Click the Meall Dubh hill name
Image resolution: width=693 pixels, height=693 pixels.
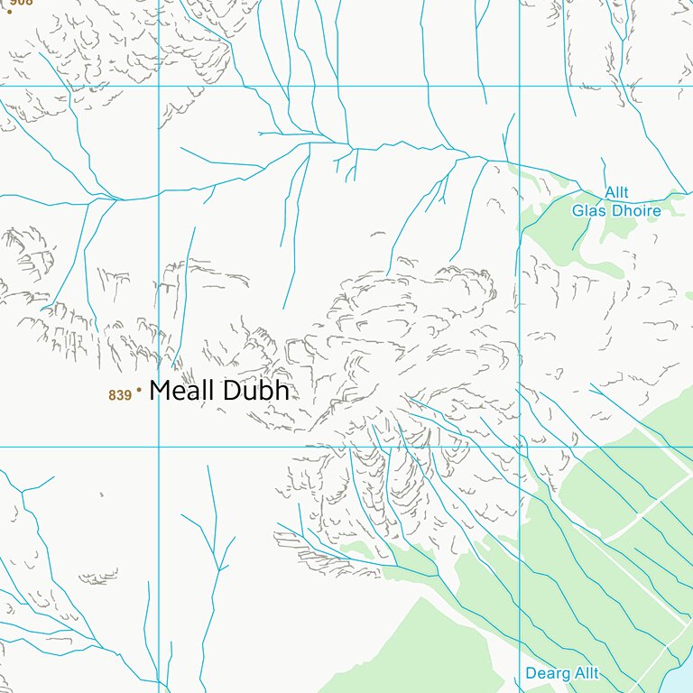pyautogui.click(x=219, y=391)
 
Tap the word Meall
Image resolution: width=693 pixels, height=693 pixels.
pyautogui.click(x=180, y=391)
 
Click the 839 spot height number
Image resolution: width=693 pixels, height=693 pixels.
pyautogui.click(x=120, y=395)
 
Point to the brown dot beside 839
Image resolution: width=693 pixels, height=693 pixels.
pyautogui.click(x=139, y=391)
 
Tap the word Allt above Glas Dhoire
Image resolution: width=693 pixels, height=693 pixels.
pyautogui.click(x=617, y=193)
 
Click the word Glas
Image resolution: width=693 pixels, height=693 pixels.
pyautogui.click(x=587, y=211)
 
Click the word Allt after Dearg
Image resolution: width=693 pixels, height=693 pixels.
pyautogui.click(x=583, y=674)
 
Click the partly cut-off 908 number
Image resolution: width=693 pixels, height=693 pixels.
pyautogui.click(x=22, y=3)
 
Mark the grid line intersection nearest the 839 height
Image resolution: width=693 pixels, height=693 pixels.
pyautogui.click(x=159, y=447)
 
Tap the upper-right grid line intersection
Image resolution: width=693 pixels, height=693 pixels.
pyautogui.click(x=520, y=87)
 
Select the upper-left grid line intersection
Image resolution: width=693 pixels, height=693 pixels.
pyautogui.click(x=159, y=87)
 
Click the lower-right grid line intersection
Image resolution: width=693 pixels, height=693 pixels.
pyautogui.click(x=520, y=447)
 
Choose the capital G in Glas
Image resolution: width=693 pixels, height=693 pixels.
pyautogui.click(x=578, y=211)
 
